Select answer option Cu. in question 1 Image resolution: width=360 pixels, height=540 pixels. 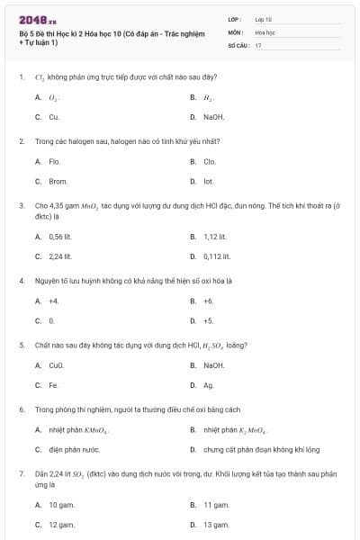click(x=54, y=117)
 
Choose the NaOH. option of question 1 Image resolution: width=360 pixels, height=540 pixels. click(x=214, y=117)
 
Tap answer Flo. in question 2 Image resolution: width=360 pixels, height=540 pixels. click(x=54, y=161)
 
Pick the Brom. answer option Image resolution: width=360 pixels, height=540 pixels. click(x=58, y=181)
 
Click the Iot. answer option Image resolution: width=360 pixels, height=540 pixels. click(x=209, y=181)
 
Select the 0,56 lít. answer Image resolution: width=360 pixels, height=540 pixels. click(x=60, y=237)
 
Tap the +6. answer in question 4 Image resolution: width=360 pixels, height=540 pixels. click(x=209, y=301)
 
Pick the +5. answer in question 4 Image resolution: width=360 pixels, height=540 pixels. click(x=209, y=320)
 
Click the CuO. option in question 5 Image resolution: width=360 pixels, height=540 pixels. click(x=57, y=365)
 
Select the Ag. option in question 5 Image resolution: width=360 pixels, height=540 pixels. click(x=209, y=385)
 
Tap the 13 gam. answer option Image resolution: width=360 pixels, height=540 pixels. click(x=216, y=524)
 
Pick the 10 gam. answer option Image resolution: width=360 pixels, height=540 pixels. click(x=61, y=505)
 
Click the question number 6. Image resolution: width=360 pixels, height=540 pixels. click(x=21, y=409)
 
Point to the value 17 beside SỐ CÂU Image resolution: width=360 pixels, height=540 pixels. click(x=258, y=44)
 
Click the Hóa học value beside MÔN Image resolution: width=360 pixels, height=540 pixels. click(x=265, y=31)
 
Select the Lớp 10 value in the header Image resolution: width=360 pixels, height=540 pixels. click(x=264, y=19)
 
